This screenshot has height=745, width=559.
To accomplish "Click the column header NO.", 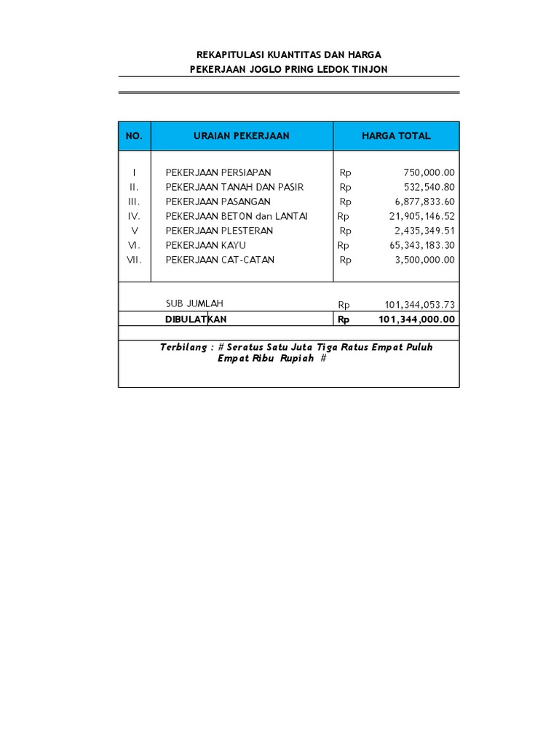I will [x=134, y=136].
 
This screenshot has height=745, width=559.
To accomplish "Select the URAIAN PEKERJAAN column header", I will [x=242, y=136].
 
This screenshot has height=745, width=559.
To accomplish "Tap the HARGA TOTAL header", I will [x=396, y=136].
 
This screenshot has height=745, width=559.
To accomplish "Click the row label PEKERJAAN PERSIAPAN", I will [x=218, y=172].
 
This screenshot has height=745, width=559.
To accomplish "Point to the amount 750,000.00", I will [x=429, y=172].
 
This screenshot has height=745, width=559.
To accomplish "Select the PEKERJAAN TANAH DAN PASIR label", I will [x=234, y=187].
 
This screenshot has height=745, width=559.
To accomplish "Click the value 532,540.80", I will [x=429, y=187].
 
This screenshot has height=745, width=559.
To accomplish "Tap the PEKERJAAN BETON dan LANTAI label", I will [x=237, y=216].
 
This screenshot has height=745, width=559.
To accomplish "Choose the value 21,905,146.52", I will [x=422, y=216].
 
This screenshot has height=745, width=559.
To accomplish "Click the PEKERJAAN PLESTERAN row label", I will [x=219, y=231].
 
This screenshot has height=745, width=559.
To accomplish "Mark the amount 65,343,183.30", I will [x=422, y=245].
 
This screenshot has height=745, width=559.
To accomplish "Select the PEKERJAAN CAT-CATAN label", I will [x=220, y=260].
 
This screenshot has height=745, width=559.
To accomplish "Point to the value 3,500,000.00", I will [x=425, y=260].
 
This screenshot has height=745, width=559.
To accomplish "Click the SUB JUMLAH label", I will [x=194, y=303].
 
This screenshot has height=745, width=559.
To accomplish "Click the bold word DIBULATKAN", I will [x=196, y=319].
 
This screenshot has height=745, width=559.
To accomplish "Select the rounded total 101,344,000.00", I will [x=417, y=319].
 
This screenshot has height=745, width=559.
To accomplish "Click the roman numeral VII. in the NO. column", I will [x=135, y=260].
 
